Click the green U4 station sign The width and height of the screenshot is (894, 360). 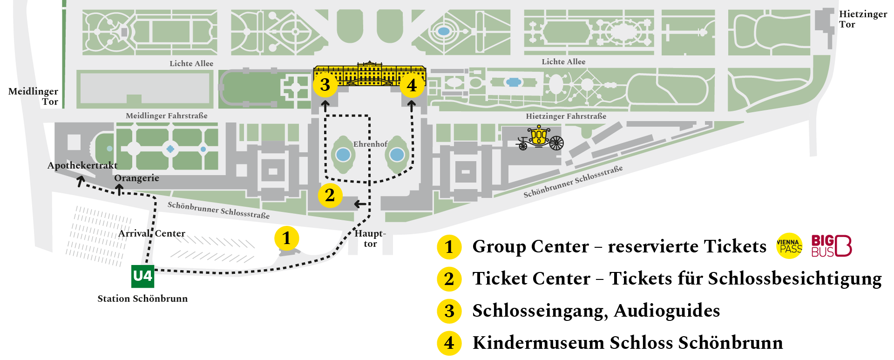(x=142, y=276)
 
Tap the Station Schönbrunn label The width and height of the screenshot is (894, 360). (x=142, y=299)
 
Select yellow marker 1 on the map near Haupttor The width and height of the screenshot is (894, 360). (x=286, y=238)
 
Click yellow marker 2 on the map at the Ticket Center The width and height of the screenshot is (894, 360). (x=330, y=195)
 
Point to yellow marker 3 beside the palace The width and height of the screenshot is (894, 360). (x=325, y=85)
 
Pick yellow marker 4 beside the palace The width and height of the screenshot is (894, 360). (x=412, y=85)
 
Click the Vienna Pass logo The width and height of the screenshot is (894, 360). (x=790, y=246)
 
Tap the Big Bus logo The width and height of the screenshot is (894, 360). (x=832, y=246)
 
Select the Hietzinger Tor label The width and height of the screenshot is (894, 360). (x=863, y=19)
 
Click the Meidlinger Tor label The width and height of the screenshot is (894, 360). (x=34, y=96)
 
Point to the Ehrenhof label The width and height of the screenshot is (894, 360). (x=370, y=144)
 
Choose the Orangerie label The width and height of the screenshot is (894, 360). (x=136, y=178)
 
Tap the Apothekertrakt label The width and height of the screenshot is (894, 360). (x=82, y=165)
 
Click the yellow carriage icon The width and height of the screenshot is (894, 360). (x=540, y=138)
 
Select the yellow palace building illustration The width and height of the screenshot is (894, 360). (x=370, y=74)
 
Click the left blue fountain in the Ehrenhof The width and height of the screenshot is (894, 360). (x=343, y=154)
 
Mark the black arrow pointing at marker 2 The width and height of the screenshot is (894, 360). (x=360, y=204)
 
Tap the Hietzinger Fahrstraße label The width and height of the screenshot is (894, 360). (x=566, y=116)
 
